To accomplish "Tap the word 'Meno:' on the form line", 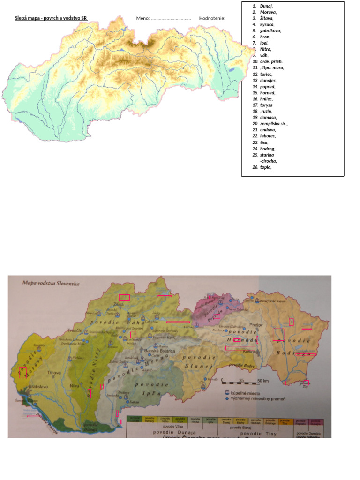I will [143, 18].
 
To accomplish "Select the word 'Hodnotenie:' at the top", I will [212, 18].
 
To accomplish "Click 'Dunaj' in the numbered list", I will [266, 6].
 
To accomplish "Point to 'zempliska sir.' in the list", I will [274, 124].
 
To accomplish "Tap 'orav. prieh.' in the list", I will [271, 61].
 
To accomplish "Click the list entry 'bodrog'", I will [268, 148].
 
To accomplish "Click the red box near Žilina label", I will [124, 297].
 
